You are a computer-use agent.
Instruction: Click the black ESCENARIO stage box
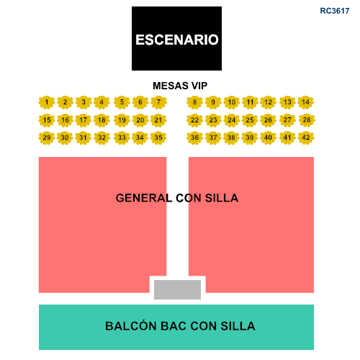[x=176, y=38]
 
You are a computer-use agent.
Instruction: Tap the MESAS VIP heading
[x=180, y=86]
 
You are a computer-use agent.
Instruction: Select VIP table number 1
[x=47, y=102]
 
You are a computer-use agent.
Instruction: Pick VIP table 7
[x=158, y=102]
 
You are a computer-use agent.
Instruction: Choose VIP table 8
[x=194, y=102]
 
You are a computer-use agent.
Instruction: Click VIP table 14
[x=306, y=102]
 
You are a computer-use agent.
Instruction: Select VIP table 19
[x=122, y=120]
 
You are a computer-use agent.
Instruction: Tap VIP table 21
[x=158, y=120]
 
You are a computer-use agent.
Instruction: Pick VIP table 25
[x=250, y=120]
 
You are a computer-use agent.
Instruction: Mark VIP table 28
[x=307, y=120]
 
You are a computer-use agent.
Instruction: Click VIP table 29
[x=47, y=138]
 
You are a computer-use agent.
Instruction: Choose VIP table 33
[x=122, y=138]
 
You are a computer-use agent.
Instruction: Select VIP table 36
[x=194, y=138]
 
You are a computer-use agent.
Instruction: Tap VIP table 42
[x=306, y=138]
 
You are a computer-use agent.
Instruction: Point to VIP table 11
[x=250, y=102]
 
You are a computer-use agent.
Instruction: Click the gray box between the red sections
[x=177, y=289]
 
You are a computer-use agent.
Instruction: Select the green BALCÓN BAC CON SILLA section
[x=176, y=327]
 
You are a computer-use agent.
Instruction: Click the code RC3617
[x=335, y=11]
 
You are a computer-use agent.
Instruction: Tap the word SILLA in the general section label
[x=222, y=198]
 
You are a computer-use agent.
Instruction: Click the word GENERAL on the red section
[x=144, y=198]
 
